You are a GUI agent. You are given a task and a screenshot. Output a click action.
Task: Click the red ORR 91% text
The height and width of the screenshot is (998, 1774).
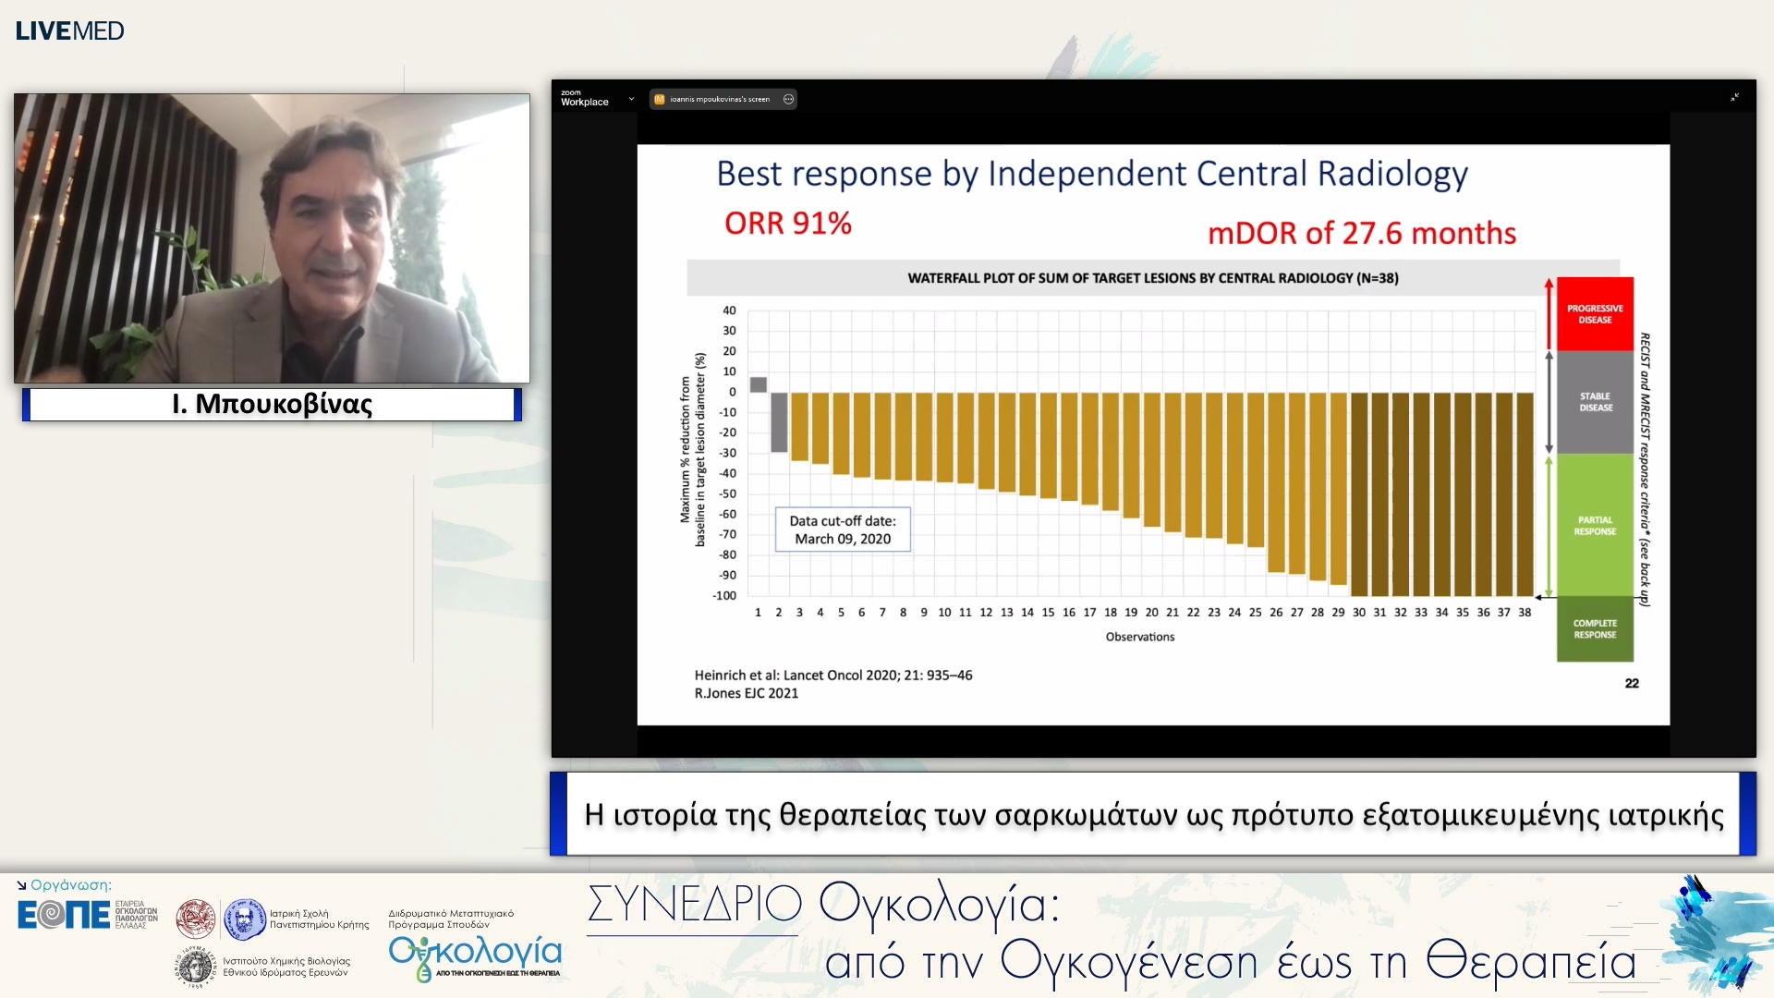pos(787,224)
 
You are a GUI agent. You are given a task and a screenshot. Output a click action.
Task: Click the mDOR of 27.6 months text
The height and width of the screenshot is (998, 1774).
pos(1361,233)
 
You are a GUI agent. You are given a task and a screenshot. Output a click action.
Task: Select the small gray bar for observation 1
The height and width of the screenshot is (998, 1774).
pos(758,384)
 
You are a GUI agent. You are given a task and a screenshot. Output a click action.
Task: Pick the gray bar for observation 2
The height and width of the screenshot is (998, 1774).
pos(779,422)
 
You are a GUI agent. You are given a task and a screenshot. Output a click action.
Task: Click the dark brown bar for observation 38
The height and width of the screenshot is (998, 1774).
pos(1525,494)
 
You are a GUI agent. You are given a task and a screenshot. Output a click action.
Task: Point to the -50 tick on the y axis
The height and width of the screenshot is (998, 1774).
pos(728,493)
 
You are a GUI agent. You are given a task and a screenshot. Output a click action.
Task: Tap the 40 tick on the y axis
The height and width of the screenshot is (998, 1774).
pos(729,310)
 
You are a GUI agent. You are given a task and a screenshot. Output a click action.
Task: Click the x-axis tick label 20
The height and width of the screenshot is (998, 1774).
pos(1151,613)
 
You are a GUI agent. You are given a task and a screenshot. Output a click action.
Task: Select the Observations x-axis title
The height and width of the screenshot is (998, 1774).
pos(1139,637)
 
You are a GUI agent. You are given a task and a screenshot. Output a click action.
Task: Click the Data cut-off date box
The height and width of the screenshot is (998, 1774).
pos(842,529)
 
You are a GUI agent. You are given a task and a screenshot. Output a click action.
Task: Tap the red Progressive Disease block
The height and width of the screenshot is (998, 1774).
pos(1594,314)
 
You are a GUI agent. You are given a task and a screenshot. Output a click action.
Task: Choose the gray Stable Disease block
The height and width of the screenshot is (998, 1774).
pos(1594,402)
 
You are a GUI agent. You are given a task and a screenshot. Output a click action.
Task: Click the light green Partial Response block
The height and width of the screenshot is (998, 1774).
pos(1594,525)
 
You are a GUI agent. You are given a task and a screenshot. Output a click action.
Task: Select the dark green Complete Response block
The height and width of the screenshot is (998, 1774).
pos(1594,628)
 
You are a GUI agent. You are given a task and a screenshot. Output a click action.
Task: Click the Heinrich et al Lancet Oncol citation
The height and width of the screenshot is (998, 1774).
pos(832,675)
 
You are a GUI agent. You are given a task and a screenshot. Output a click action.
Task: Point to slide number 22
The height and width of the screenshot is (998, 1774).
pos(1631,684)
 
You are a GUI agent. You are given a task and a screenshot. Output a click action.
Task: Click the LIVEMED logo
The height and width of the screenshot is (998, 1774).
pos(69,30)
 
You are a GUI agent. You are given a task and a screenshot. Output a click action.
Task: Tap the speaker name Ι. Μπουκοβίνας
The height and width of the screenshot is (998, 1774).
pos(272,404)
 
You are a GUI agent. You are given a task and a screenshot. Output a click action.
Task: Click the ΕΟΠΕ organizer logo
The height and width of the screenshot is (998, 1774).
pos(64,915)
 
